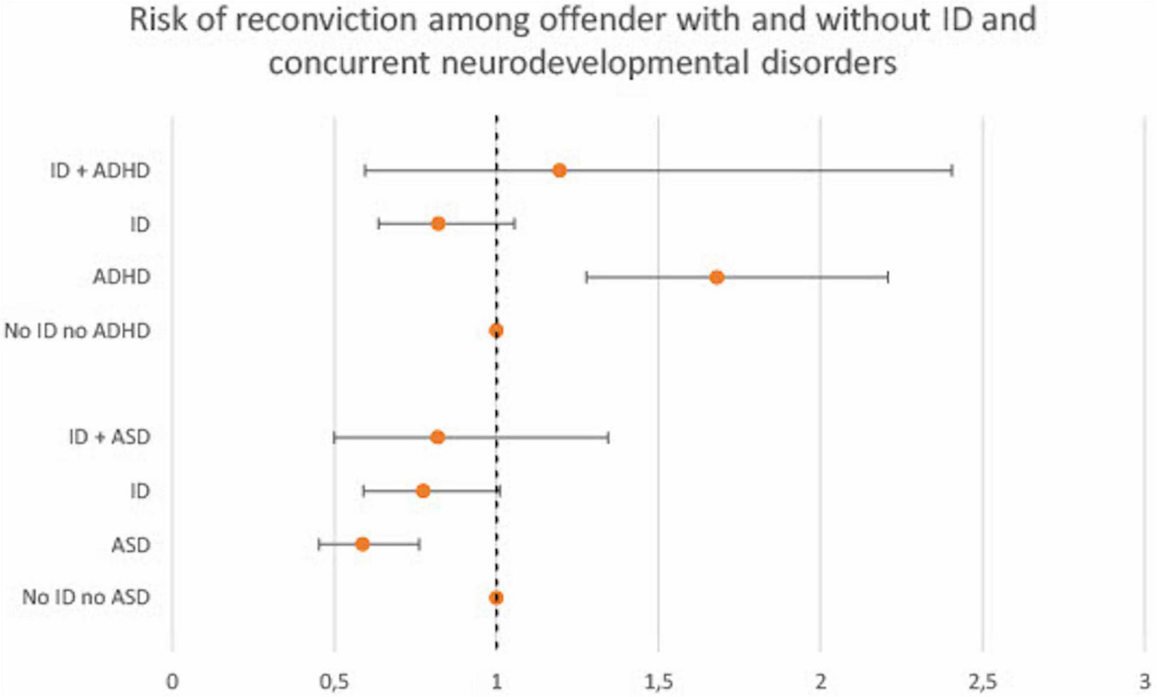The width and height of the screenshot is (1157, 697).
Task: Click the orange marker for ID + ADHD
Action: (x=559, y=170)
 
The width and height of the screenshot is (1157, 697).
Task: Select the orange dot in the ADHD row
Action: (x=716, y=277)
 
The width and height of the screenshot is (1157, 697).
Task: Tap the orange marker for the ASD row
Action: (x=362, y=544)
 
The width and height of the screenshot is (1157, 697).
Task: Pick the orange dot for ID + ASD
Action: (x=438, y=438)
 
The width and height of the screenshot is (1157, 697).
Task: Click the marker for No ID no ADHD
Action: (x=496, y=330)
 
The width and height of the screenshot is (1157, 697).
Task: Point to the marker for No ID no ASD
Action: (x=496, y=597)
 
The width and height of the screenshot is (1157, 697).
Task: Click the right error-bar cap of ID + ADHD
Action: (x=952, y=170)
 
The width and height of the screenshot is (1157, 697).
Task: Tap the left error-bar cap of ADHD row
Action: (x=586, y=277)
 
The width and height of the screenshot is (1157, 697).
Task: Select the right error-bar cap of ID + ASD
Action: (x=608, y=438)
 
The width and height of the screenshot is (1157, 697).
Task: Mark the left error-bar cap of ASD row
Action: (x=319, y=544)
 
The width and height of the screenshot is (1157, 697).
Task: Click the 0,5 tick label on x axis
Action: (x=334, y=682)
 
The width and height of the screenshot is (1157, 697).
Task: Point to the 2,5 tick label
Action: (x=982, y=682)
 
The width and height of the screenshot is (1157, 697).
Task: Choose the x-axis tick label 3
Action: (x=1144, y=682)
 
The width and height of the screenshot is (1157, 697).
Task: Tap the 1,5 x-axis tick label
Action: (x=658, y=682)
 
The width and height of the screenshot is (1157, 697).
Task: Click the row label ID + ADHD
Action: (x=100, y=170)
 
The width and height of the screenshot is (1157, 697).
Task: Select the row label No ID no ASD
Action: (x=86, y=597)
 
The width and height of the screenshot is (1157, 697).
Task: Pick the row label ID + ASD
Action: (x=109, y=438)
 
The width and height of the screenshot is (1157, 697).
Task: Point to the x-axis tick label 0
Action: (x=172, y=682)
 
